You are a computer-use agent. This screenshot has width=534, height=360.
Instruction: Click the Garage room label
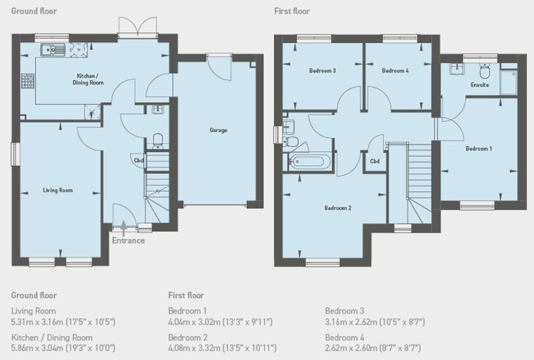click(x=219, y=130)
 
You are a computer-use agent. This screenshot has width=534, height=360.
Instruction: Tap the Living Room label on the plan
click(x=58, y=191)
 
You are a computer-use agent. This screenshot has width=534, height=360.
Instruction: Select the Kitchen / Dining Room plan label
click(x=88, y=79)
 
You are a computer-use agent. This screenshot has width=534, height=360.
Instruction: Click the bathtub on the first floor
click(x=310, y=161)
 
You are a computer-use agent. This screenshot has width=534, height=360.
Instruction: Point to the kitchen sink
click(x=53, y=50)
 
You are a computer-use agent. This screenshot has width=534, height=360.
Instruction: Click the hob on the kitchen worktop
click(x=79, y=49)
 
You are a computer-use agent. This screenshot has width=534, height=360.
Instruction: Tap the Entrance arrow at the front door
click(x=123, y=226)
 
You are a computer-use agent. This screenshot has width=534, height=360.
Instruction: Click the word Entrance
click(x=129, y=240)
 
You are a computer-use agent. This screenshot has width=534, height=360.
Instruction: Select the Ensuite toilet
click(x=484, y=71)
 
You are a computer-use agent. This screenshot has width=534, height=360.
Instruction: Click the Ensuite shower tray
click(x=509, y=82)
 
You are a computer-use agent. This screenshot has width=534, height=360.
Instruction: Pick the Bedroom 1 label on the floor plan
click(x=478, y=148)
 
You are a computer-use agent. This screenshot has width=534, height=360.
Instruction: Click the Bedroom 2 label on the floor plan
click(x=338, y=208)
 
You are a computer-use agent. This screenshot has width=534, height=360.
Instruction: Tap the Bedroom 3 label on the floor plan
click(x=323, y=71)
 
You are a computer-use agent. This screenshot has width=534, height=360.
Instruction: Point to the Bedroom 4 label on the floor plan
click(x=395, y=71)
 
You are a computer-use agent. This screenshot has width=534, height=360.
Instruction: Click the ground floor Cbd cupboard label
click(x=138, y=160)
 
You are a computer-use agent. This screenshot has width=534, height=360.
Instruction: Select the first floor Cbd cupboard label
click(x=375, y=161)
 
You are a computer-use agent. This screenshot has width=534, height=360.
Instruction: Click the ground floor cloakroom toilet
click(x=158, y=141)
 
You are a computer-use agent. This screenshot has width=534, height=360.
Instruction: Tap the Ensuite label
click(x=480, y=84)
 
